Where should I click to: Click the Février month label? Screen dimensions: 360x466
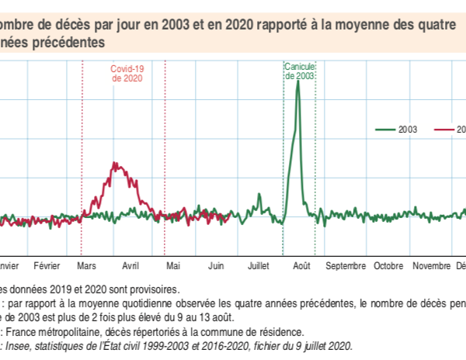[47, 265]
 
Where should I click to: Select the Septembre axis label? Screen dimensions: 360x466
[346, 265]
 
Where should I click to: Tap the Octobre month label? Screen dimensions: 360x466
[389, 265]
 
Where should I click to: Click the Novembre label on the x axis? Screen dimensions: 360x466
[431, 265]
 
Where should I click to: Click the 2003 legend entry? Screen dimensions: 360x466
[408, 130]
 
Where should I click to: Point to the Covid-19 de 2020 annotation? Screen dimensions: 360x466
[128, 73]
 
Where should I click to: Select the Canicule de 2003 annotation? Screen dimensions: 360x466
[300, 71]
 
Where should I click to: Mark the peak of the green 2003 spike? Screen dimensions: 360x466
[297, 82]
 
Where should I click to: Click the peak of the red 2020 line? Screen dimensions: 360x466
[115, 163]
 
